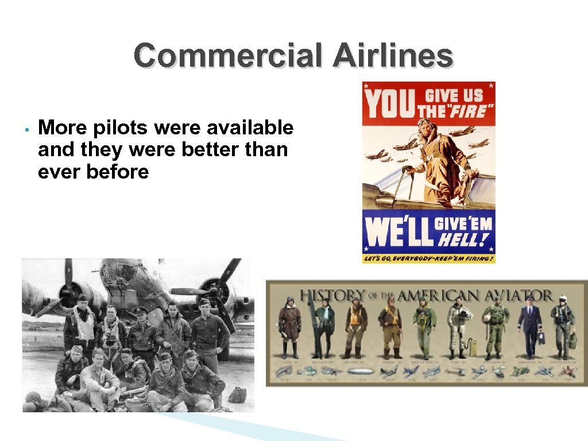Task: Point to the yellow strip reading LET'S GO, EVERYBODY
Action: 428,258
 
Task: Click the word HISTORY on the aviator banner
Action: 334,295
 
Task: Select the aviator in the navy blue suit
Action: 529,327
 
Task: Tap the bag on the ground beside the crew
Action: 237,394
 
